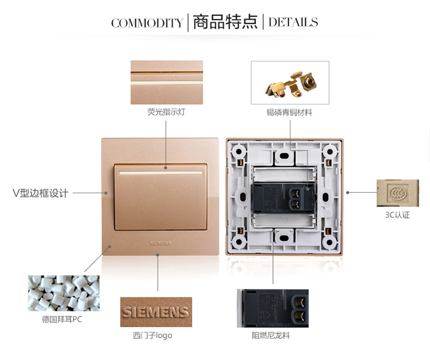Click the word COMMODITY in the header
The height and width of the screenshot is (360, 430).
tap(147, 23)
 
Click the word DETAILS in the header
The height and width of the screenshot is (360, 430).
tap(293, 22)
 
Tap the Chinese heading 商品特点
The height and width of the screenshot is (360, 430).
tap(225, 22)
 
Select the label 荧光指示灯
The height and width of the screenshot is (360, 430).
tap(166, 112)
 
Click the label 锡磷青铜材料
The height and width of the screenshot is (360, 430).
tap(290, 112)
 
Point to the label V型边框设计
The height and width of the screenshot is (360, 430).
tap(40, 193)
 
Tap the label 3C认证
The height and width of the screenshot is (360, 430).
tap(397, 215)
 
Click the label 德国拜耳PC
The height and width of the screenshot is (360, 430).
tap(62, 319)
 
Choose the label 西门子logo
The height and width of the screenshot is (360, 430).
tap(153, 335)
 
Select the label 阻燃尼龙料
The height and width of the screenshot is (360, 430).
tap(271, 335)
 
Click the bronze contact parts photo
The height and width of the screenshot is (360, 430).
tap(290, 83)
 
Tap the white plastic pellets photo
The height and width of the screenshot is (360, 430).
tap(64, 293)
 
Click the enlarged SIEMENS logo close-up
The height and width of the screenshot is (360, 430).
tap(156, 312)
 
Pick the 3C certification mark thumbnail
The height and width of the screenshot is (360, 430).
tap(398, 193)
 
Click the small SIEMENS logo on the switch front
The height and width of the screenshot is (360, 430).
tap(161, 243)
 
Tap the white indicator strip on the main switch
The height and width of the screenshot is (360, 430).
tap(161, 173)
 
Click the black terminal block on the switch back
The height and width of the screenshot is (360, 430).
tap(284, 198)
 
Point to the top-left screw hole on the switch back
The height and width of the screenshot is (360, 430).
tap(239, 151)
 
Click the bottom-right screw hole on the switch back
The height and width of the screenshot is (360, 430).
tap(329, 242)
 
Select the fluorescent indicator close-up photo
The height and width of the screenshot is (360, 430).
tap(167, 82)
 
